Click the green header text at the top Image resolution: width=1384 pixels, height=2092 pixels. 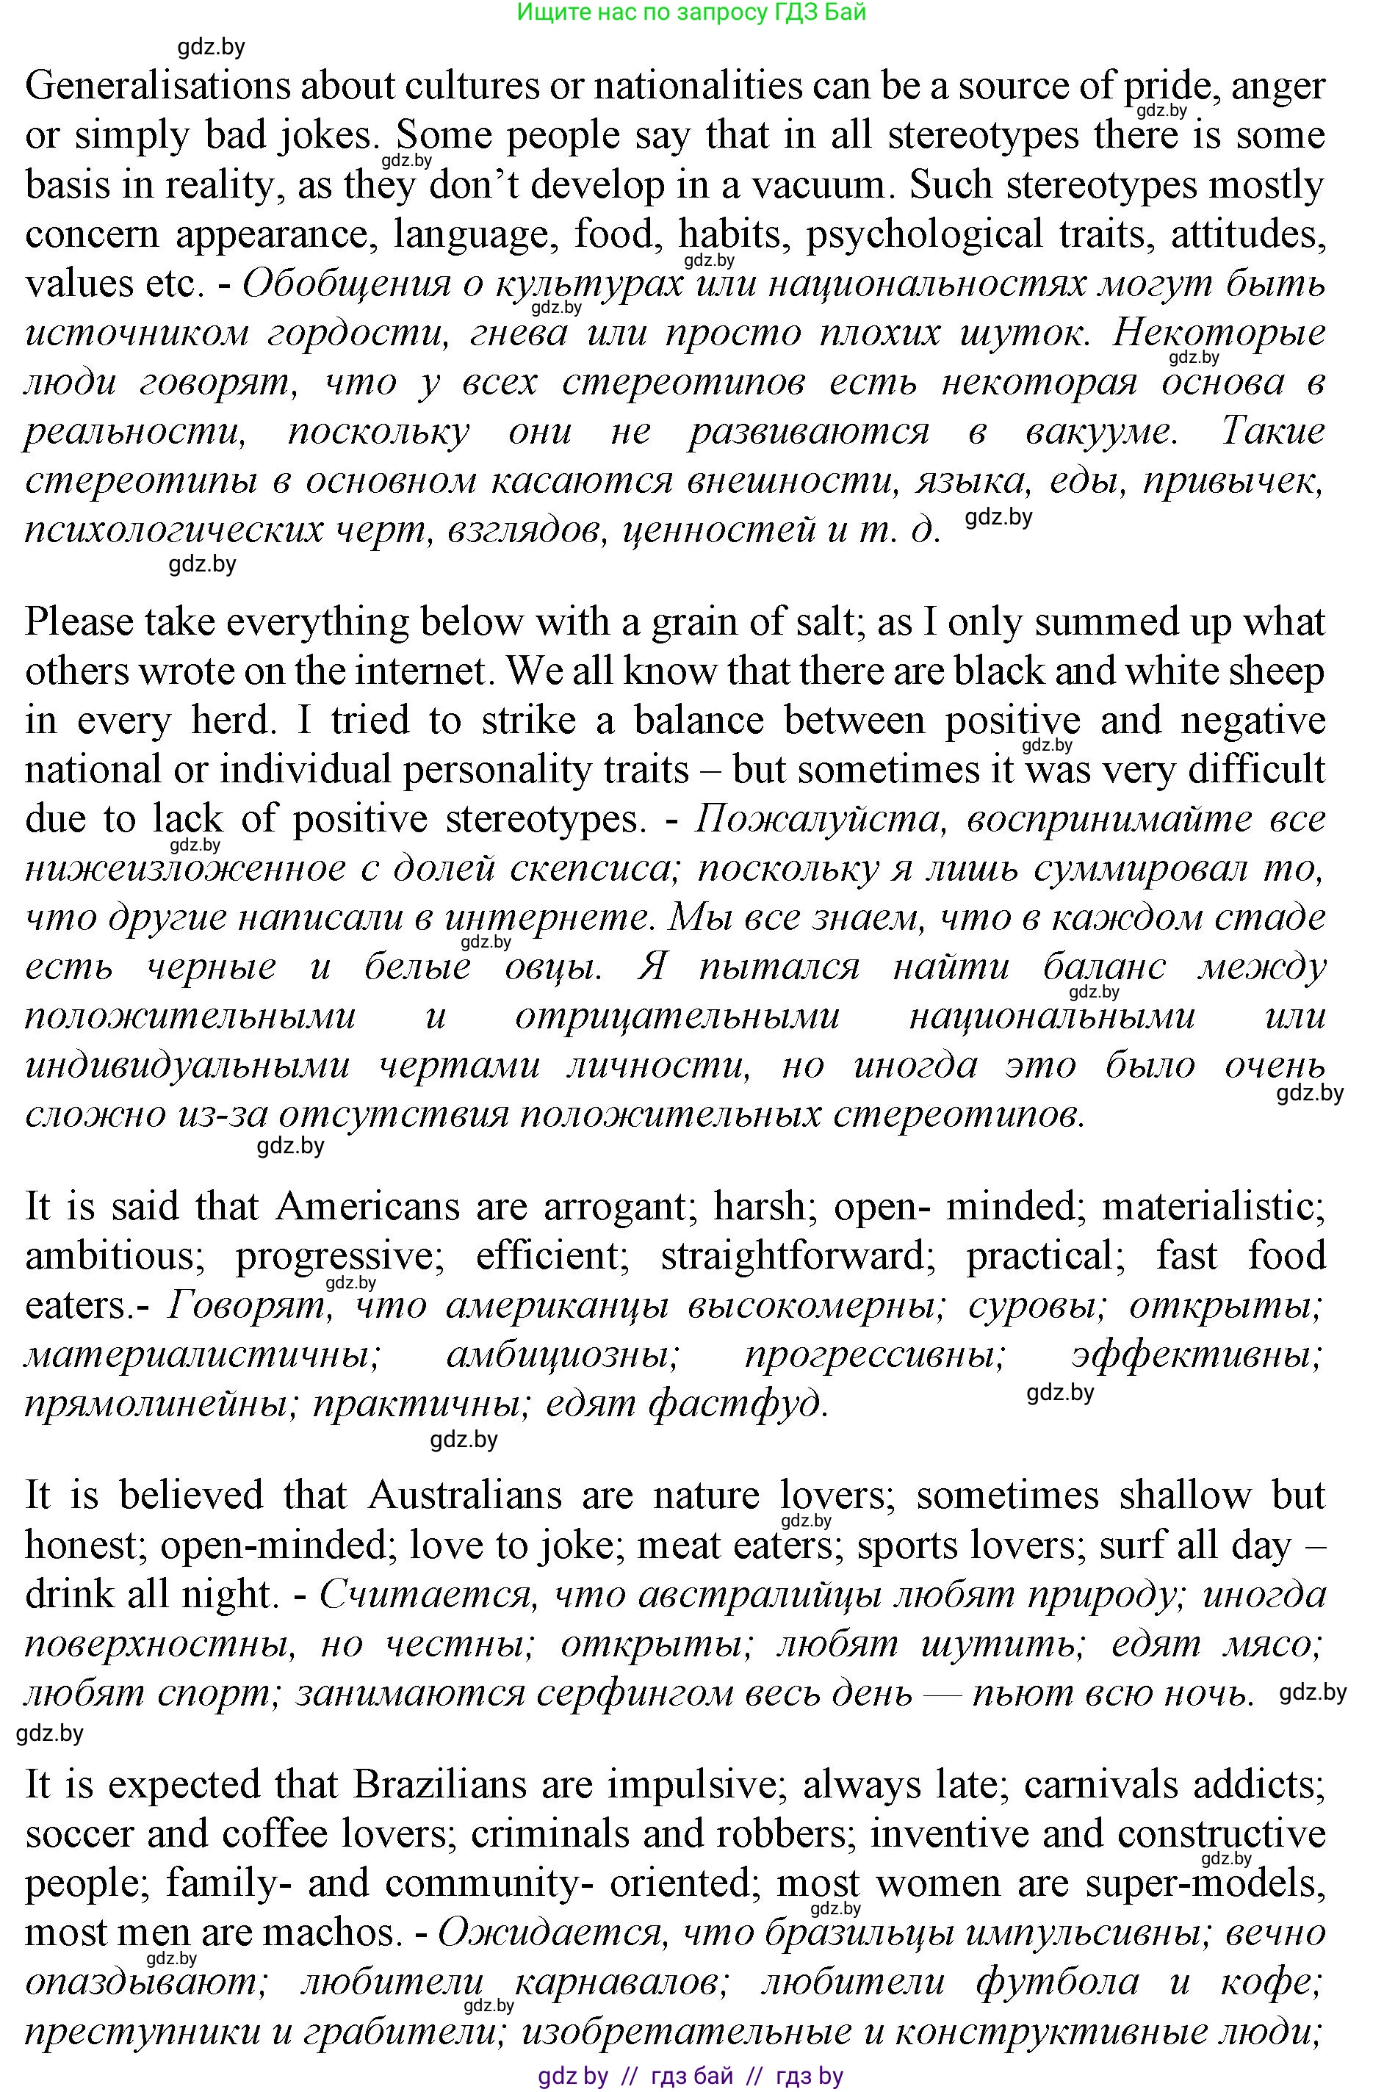click(x=691, y=12)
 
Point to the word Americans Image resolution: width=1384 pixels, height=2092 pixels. click(x=368, y=1206)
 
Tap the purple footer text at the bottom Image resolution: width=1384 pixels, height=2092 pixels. click(x=691, y=2076)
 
